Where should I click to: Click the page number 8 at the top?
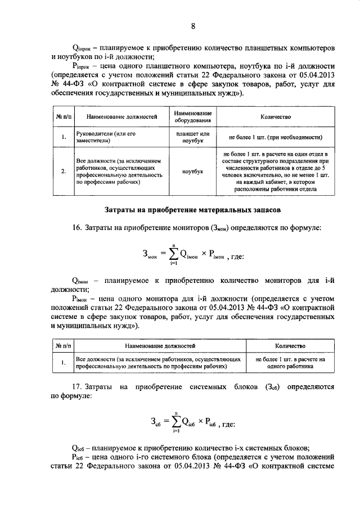click(193, 26)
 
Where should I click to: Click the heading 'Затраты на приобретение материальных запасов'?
click(193, 210)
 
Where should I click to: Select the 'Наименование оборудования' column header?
click(193, 117)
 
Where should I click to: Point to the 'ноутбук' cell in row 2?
click(193, 171)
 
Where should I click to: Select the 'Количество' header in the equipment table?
click(275, 117)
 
